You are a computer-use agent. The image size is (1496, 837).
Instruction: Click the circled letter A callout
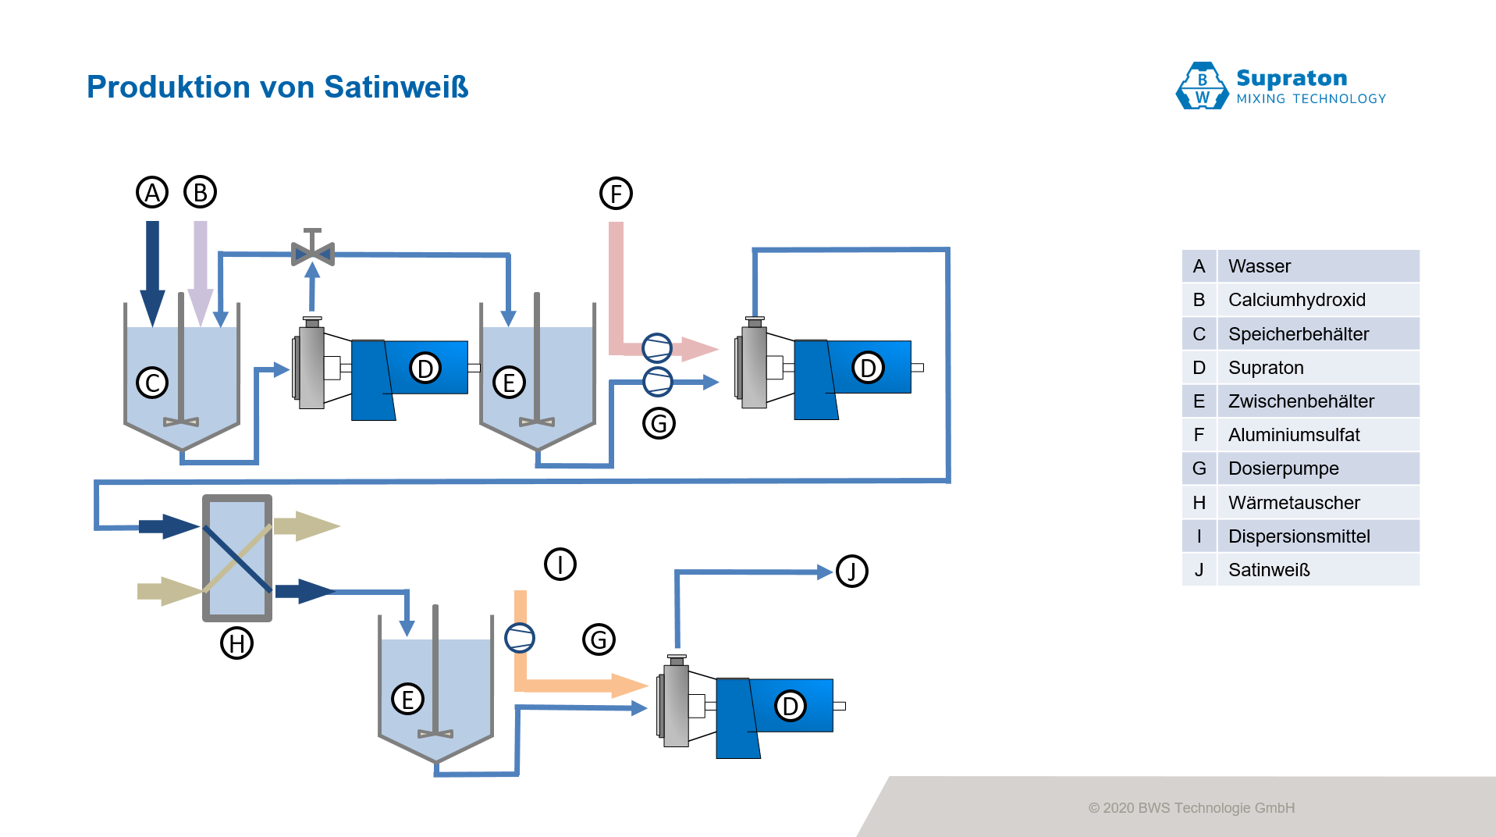tap(152, 192)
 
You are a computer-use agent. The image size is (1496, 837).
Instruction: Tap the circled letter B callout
tap(200, 192)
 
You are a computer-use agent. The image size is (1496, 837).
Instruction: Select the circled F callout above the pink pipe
tap(616, 193)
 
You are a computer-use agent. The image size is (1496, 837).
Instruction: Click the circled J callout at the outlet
tap(851, 572)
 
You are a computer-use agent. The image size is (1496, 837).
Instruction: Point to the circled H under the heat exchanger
tap(236, 643)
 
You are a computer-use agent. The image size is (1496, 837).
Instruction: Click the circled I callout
tap(560, 564)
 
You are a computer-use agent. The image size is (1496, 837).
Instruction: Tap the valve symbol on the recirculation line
tap(313, 252)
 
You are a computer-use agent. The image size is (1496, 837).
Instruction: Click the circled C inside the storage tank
tap(152, 383)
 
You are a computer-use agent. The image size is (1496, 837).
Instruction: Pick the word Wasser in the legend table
tap(1259, 266)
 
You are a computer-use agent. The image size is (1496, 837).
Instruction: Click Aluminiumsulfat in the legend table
tap(1293, 435)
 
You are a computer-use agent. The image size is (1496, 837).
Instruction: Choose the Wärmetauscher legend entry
tap(1293, 503)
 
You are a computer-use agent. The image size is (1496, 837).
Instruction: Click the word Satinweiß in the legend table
tap(1268, 570)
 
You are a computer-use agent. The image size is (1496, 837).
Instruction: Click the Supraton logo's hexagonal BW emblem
tap(1202, 87)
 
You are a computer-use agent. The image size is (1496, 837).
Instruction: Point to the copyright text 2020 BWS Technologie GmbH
tap(1192, 808)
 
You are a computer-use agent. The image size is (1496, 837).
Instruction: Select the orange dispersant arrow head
tap(629, 686)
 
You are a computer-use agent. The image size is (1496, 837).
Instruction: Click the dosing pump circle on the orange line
tap(520, 638)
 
